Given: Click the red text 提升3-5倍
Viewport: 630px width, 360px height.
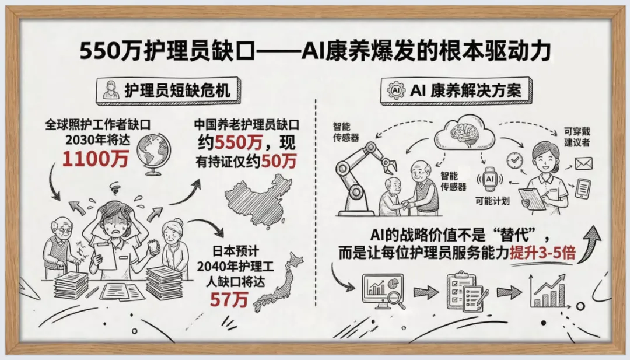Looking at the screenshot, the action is pos(542,254).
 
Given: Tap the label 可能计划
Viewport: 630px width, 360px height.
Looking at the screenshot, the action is pos(489,200).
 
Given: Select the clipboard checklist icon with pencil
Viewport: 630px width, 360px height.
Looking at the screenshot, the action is pos(465,290).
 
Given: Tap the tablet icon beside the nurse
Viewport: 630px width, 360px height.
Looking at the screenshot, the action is pos(583,188).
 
